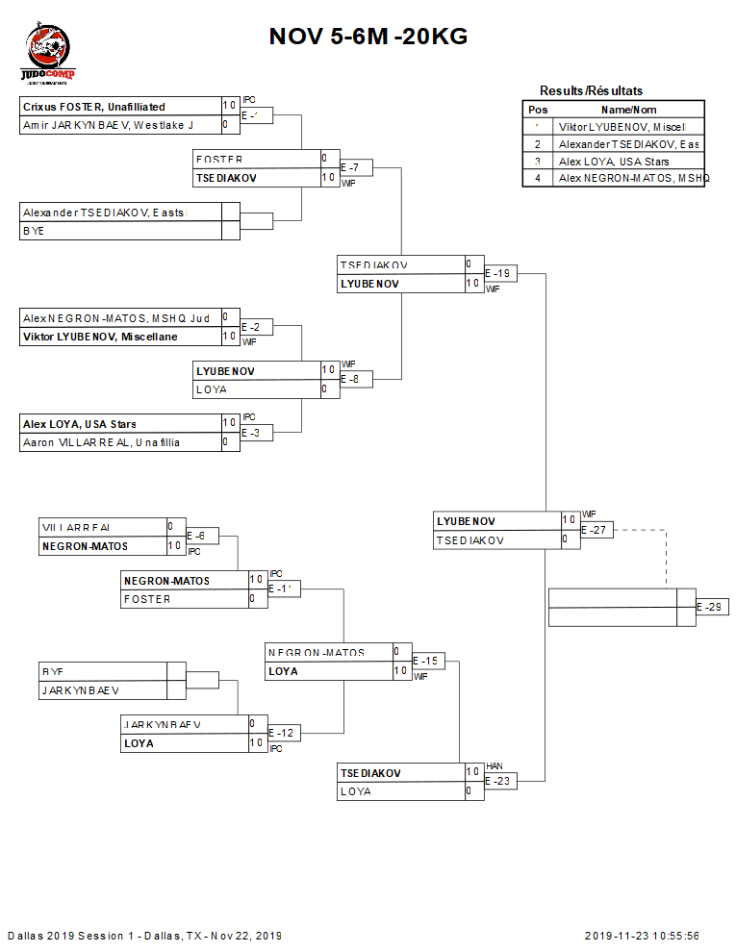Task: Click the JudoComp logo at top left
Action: tap(48, 56)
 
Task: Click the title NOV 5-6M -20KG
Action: tap(368, 37)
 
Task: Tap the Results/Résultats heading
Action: tap(591, 90)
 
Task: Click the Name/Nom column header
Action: tap(629, 110)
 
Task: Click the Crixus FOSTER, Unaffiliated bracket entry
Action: tap(94, 107)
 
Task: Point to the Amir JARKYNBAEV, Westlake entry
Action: tap(108, 125)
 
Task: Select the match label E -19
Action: tap(500, 274)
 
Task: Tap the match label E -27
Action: tap(596, 530)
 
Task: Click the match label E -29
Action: tap(712, 608)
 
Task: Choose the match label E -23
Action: tap(500, 782)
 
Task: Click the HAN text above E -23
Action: tap(495, 765)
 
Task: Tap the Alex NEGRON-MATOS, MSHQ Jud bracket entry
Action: tap(115, 317)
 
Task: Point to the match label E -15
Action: tap(428, 662)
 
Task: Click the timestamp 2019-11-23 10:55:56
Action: tap(642, 936)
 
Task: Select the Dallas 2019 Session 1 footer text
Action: tap(144, 936)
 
